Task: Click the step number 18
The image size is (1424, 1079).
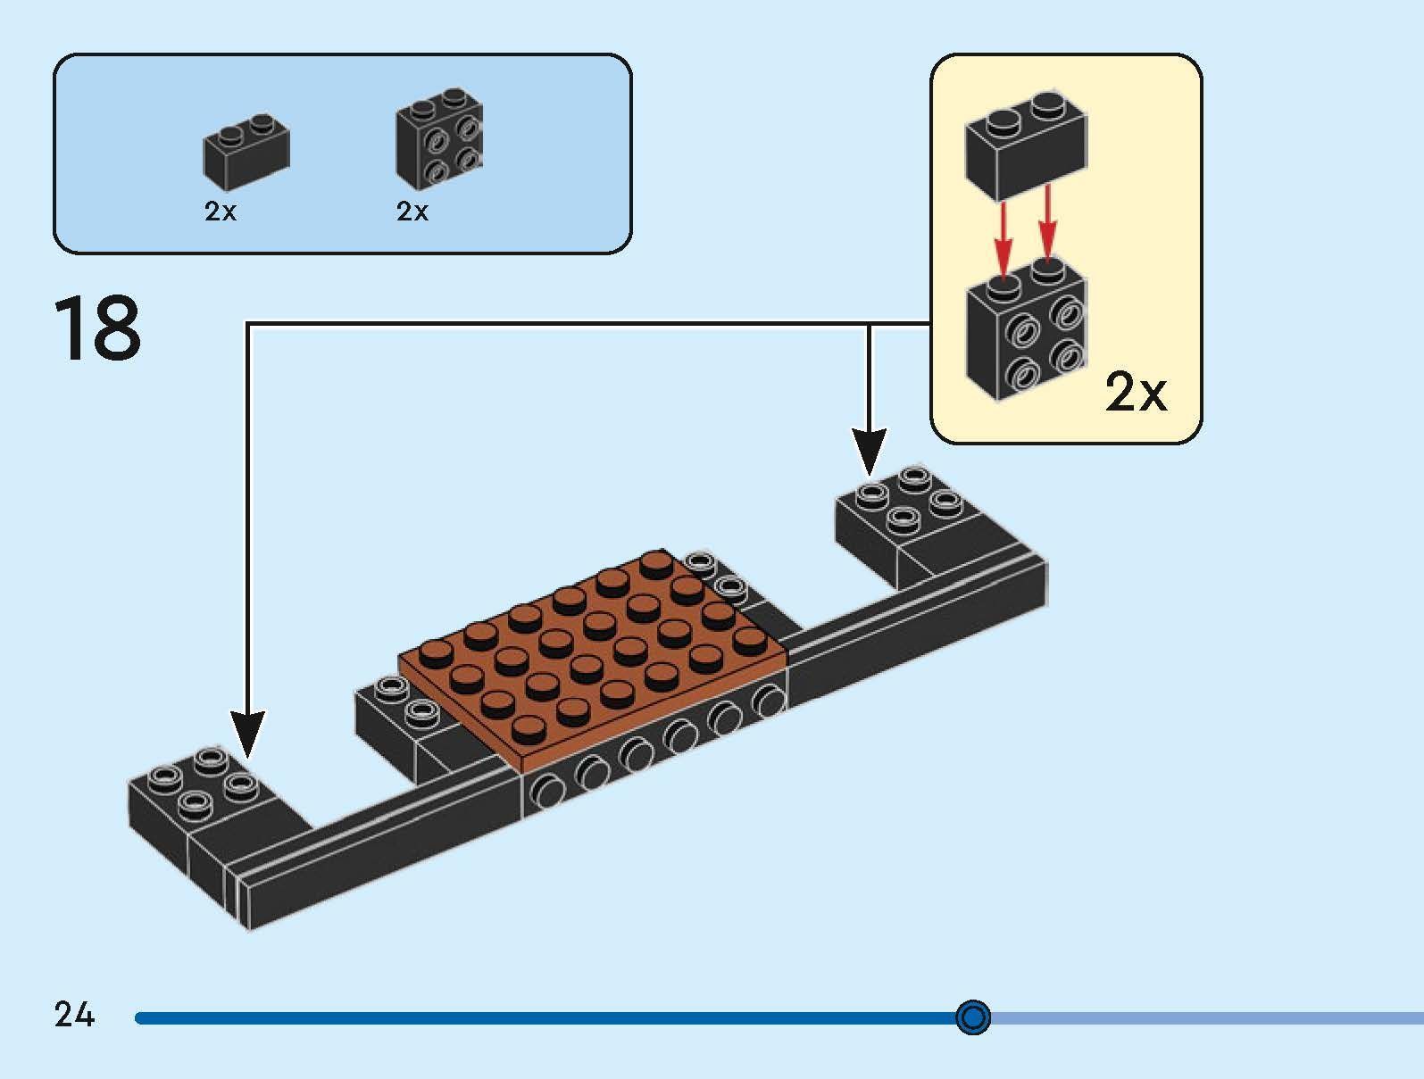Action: coord(97,328)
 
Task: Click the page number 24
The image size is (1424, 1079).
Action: coord(74,1015)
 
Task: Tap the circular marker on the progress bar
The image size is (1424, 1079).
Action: coord(972,1017)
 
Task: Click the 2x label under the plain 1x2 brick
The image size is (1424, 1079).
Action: coord(221,212)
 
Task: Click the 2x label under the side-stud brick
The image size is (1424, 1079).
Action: coord(412,212)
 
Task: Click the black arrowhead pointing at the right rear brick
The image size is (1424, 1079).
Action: coord(869,452)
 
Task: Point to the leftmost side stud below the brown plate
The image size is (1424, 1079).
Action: coord(547,789)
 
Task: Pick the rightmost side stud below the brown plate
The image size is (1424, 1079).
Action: coord(768,702)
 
